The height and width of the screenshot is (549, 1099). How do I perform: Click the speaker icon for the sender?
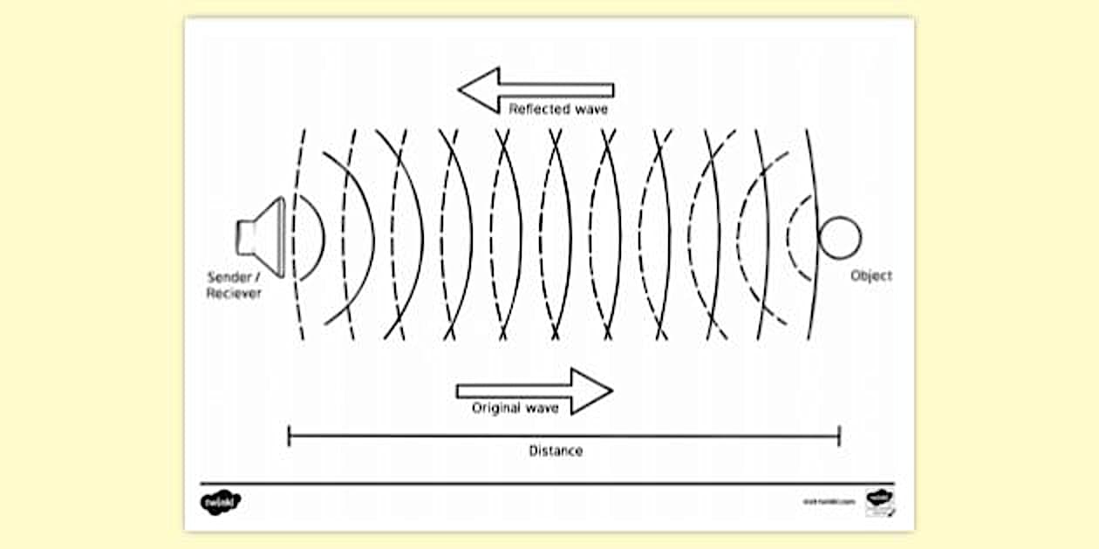point(263,237)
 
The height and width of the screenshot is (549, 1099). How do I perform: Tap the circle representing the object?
point(840,237)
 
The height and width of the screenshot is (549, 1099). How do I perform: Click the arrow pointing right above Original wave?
point(534,390)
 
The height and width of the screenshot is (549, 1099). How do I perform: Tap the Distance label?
point(556,451)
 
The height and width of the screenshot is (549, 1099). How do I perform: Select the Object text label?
point(871,275)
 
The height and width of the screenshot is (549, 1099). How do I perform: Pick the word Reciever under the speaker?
point(234,293)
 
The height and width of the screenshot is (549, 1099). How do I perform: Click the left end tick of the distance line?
point(289,436)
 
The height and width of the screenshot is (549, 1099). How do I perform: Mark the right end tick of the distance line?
point(839,436)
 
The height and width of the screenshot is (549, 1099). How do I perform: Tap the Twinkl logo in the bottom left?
point(221,503)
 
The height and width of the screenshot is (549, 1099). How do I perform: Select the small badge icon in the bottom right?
point(879,502)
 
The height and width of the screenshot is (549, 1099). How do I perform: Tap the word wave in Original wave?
point(543,408)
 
